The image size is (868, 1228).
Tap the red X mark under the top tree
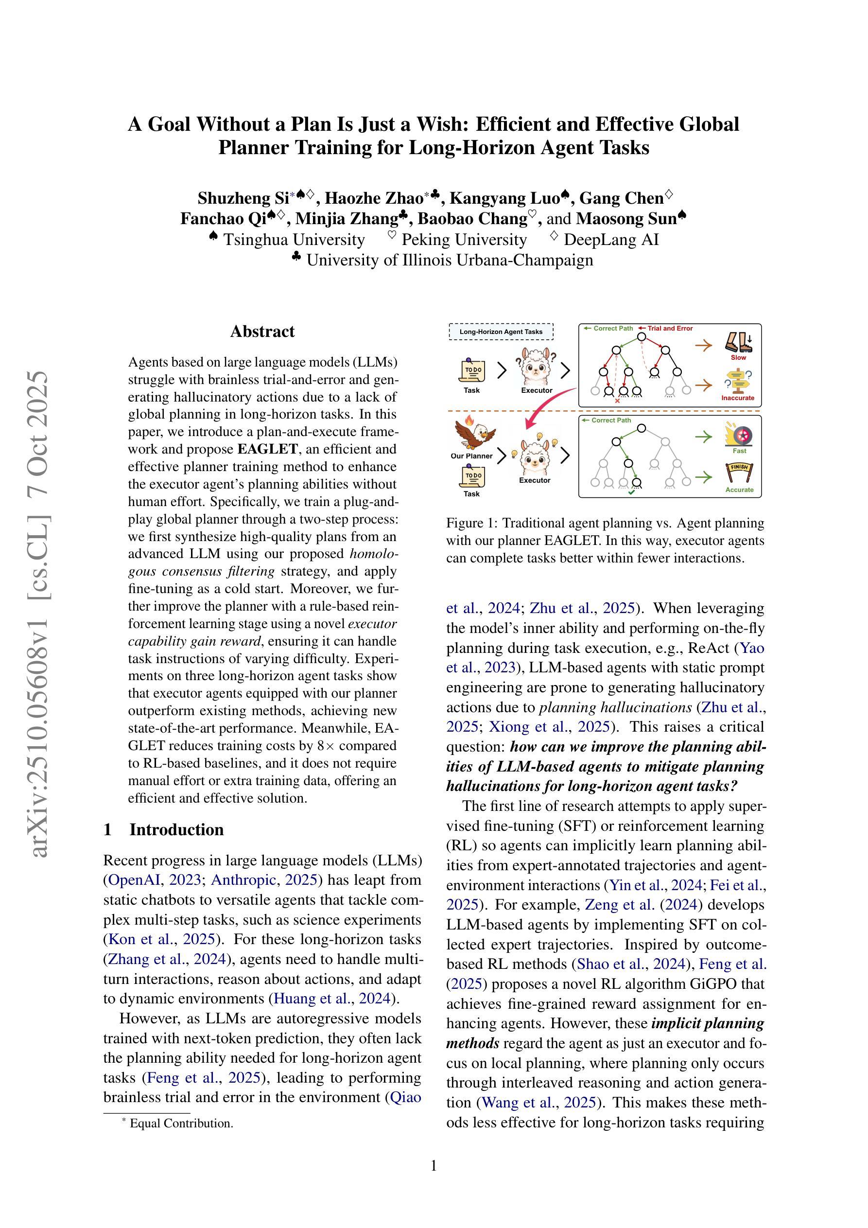coord(618,401)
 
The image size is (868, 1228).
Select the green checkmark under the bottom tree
coord(632,492)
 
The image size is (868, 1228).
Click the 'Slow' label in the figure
coord(738,357)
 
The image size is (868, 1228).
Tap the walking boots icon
coord(739,342)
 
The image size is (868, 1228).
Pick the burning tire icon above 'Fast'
coord(739,434)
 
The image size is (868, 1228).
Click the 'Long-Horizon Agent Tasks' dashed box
coord(501,332)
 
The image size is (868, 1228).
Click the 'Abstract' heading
coord(262,332)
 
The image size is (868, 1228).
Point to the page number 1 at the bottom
coord(434,1165)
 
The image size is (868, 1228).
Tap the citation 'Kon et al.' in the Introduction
coord(134,939)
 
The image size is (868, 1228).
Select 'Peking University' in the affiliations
coord(464,240)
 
